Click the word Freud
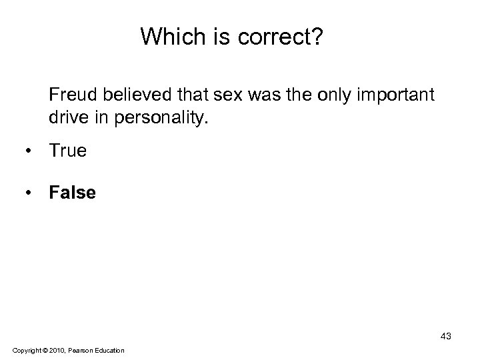[71, 96]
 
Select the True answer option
[67, 151]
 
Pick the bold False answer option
[72, 193]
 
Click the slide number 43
[445, 337]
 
